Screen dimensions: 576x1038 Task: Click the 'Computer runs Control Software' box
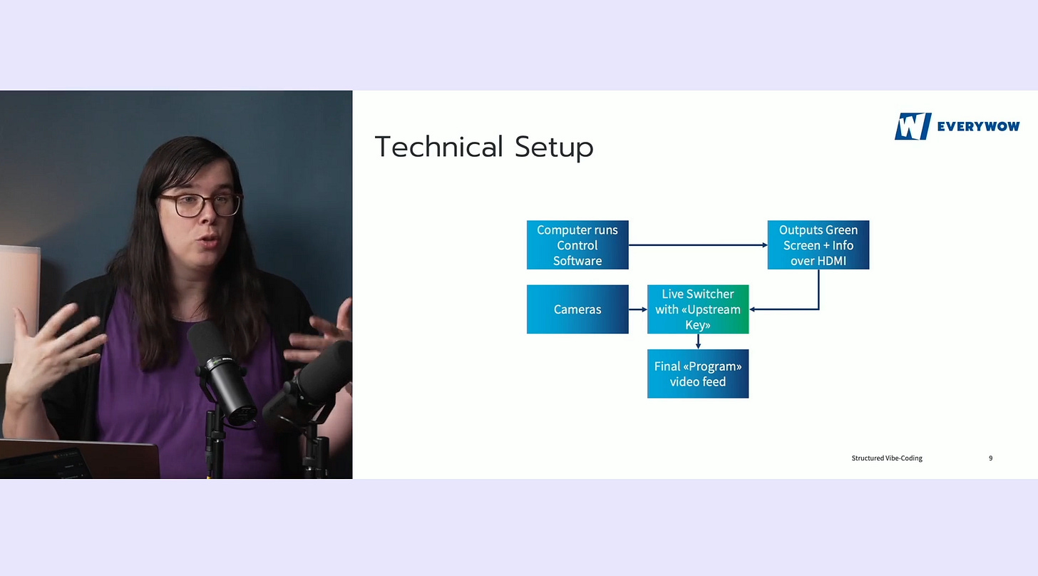pos(577,245)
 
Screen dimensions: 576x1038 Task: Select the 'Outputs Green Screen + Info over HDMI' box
pos(818,245)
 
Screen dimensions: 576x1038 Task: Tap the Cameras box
pos(577,309)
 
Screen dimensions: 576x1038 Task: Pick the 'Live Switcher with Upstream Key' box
pos(698,309)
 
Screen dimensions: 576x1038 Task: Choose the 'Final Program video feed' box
pos(698,374)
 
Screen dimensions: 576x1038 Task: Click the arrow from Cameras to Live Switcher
pos(638,309)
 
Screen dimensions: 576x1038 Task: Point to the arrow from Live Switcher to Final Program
pos(698,341)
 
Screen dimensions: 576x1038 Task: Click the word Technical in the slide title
pos(438,147)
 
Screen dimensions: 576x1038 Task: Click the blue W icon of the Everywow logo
pos(913,126)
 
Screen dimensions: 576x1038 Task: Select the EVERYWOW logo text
pos(978,127)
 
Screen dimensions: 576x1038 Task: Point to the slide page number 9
pos(990,458)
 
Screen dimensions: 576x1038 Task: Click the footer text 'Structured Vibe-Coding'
pos(887,458)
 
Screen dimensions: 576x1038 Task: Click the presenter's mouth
pos(208,242)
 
